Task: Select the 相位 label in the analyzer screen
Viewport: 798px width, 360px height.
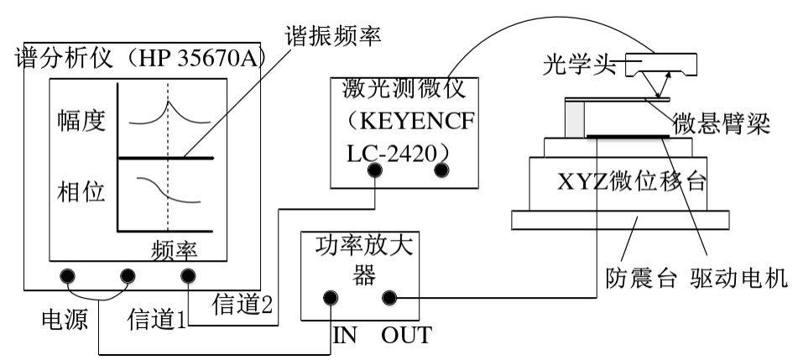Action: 81,192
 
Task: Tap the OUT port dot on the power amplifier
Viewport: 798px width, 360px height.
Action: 389,297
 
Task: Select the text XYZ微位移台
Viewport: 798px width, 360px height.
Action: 619,180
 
